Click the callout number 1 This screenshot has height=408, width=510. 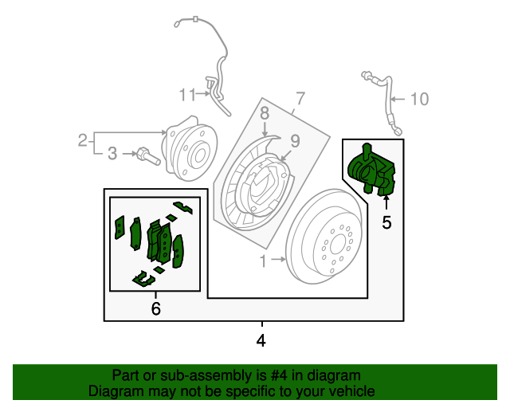pos(263,259)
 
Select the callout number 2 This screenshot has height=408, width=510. pos(82,141)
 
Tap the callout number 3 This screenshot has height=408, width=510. pos(112,152)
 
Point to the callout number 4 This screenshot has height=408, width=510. pos(261,341)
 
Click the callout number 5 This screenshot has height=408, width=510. pos(386,222)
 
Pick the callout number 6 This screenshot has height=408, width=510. pos(155,308)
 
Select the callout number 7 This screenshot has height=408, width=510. pos(300,100)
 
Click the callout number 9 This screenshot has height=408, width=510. pos(294,141)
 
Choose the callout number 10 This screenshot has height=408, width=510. pos(419,99)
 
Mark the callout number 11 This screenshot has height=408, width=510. pos(186,96)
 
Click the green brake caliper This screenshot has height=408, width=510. pos(371,170)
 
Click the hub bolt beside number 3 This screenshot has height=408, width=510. pos(148,156)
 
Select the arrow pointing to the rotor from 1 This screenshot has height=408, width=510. pos(277,259)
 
